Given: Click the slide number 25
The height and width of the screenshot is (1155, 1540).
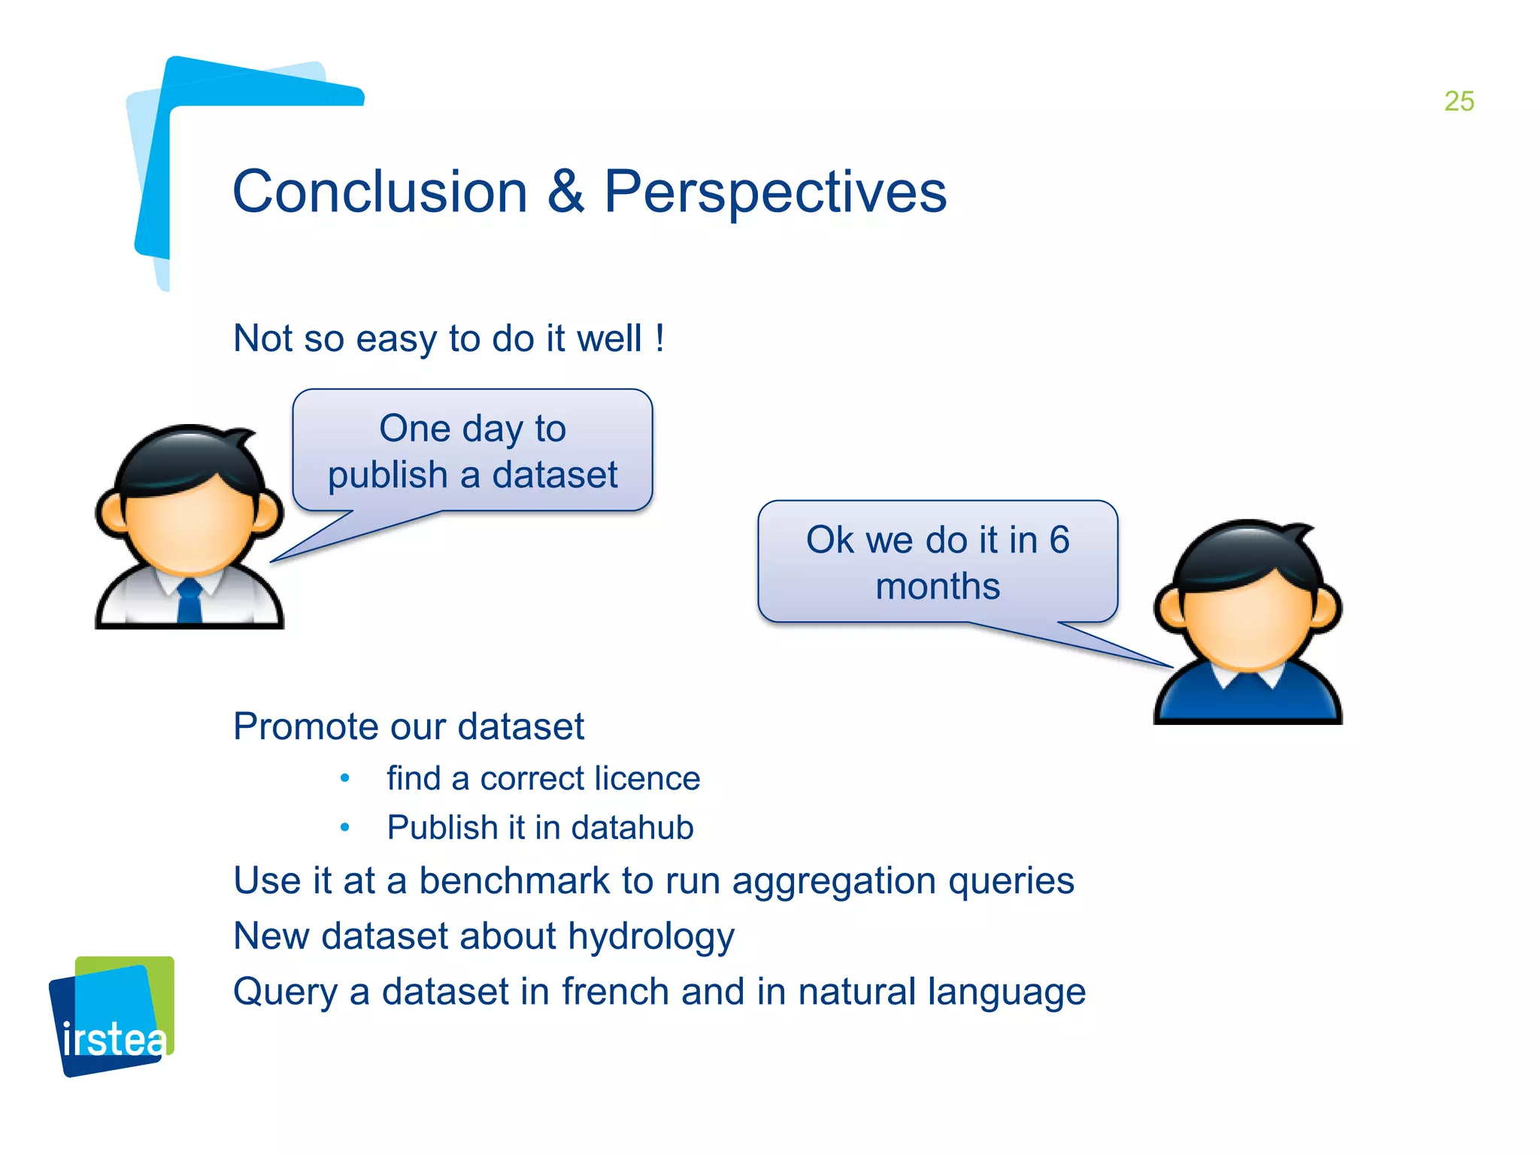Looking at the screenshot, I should click(1459, 102).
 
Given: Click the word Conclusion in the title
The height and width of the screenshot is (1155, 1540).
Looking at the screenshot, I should click(380, 192).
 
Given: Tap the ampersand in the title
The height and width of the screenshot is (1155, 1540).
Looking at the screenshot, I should click(565, 192).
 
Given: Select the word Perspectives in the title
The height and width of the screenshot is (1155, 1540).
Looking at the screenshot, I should click(775, 192).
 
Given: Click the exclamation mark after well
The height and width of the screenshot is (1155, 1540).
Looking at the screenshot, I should click(659, 338).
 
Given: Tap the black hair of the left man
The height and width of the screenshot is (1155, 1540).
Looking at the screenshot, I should click(188, 459).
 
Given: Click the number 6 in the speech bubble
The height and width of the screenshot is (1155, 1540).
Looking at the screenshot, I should click(1059, 540).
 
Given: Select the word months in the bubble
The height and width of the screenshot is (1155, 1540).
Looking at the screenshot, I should click(938, 587).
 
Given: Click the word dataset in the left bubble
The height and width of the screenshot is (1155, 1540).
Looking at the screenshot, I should click(554, 475).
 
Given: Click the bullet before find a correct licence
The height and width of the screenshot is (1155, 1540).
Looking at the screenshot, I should click(345, 778).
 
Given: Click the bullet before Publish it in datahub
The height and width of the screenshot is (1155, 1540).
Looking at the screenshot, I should click(345, 827).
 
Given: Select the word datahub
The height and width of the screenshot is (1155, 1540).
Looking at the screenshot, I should click(632, 827).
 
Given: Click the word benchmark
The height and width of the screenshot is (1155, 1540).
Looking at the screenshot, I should click(514, 881).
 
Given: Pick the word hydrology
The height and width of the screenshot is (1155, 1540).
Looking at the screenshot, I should click(650, 937).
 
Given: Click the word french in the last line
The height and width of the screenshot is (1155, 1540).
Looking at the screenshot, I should click(615, 991).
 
